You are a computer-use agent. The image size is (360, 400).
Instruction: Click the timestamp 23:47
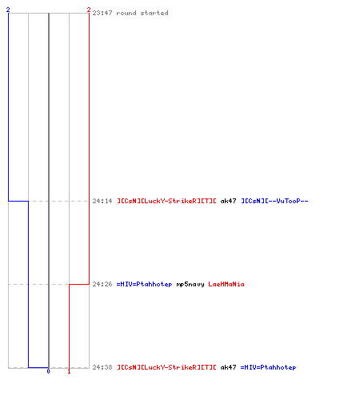102,13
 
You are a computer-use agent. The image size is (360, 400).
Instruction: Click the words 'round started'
142,13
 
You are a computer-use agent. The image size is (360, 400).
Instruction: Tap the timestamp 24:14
102,201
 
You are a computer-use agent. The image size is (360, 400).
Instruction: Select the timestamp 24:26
102,284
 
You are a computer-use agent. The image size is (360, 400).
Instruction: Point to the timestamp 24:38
102,367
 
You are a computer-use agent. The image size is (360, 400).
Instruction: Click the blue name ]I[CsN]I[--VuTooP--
274,201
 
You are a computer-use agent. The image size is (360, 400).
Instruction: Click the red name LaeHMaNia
226,284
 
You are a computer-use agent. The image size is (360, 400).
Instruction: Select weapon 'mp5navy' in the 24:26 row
190,284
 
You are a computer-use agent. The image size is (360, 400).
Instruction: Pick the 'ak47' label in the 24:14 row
228,201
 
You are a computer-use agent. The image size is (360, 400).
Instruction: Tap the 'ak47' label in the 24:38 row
228,367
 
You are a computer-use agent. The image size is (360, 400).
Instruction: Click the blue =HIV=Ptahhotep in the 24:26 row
144,284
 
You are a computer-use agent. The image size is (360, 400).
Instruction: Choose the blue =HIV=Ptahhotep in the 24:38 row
268,367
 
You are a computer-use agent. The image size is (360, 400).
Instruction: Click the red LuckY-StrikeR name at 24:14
166,201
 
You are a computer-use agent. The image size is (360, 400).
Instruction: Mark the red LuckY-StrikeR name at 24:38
166,367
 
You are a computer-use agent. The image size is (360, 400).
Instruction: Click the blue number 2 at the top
8,10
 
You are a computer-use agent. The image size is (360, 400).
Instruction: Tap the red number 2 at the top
89,10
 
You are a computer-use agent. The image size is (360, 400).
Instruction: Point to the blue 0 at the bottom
48,371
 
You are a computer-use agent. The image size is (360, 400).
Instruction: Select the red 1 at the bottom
69,371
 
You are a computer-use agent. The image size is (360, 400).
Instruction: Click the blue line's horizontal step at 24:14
18,201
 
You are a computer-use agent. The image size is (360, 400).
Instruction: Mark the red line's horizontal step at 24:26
79,284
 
